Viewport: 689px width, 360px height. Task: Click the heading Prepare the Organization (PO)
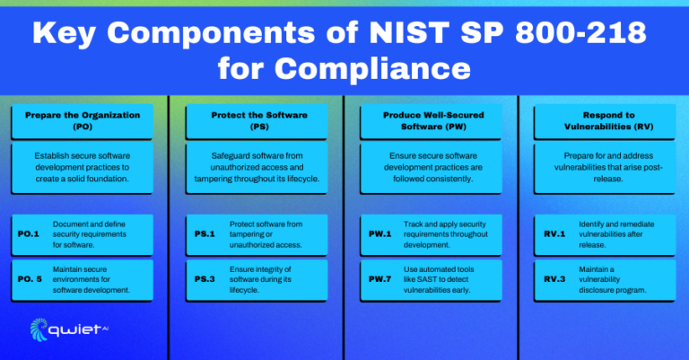tap(83, 121)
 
